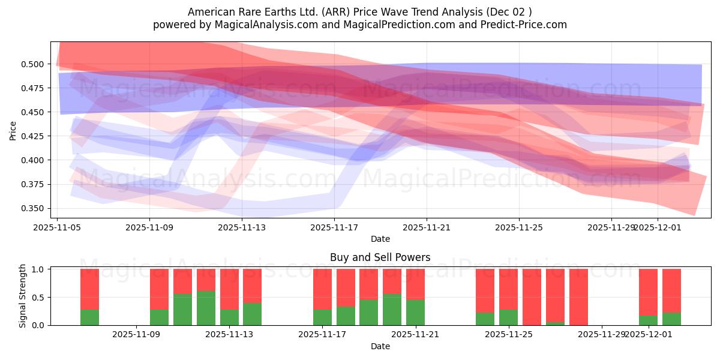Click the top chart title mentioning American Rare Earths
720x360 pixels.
[x=359, y=12]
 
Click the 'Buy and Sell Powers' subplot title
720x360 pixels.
[x=380, y=257]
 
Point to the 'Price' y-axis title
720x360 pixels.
[x=13, y=130]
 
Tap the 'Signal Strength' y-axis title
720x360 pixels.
[x=22, y=296]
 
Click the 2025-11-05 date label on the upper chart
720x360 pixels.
[x=57, y=227]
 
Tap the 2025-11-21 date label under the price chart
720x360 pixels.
[x=427, y=227]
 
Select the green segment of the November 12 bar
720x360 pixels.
[x=206, y=308]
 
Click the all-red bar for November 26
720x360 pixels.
[x=532, y=297]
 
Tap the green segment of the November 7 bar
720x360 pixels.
[x=90, y=317]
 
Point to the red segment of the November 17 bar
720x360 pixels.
[x=323, y=289]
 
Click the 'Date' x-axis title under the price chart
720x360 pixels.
[x=380, y=239]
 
